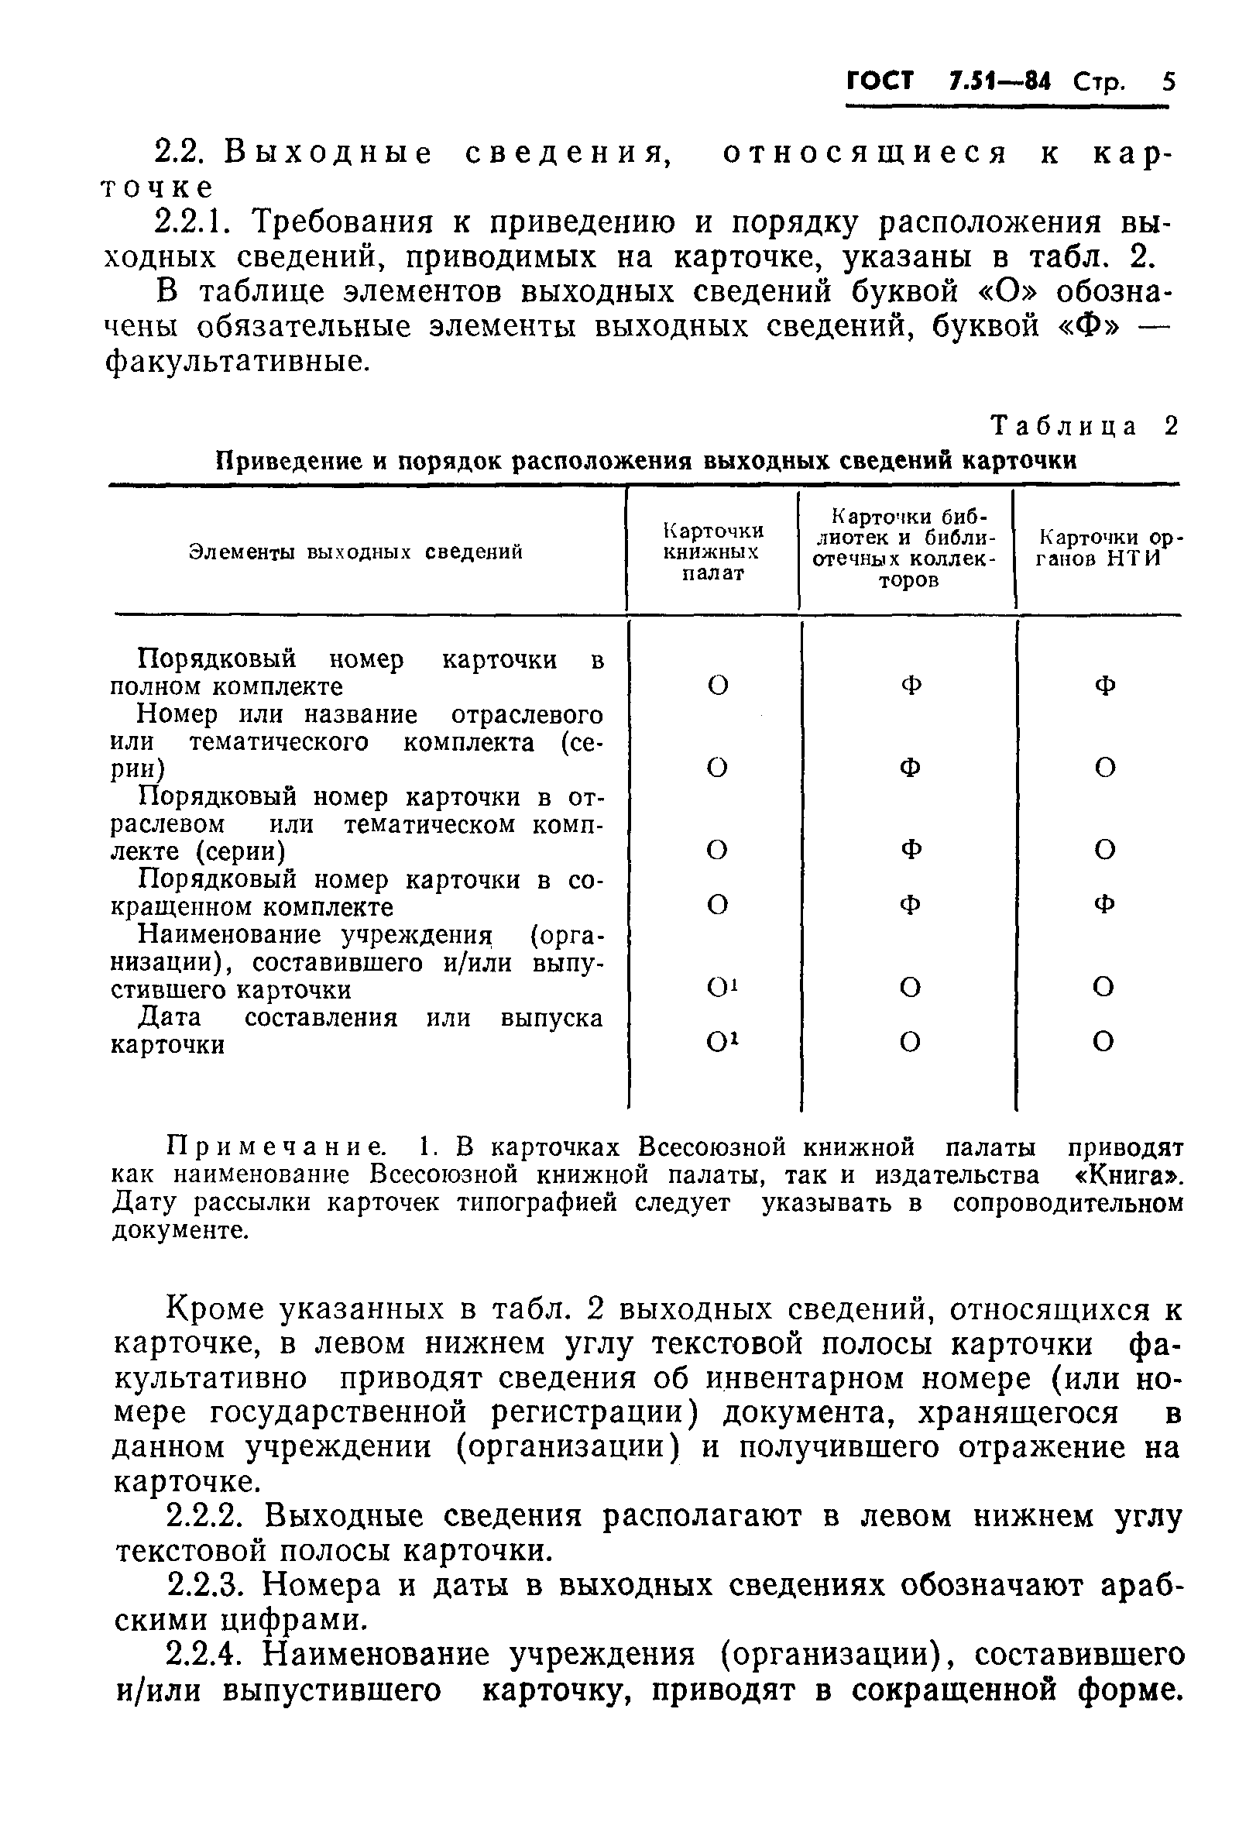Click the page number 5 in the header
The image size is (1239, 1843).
(1169, 81)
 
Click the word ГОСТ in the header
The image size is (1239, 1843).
(880, 81)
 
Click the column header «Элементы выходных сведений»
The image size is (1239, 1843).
(355, 552)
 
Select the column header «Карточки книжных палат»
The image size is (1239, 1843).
(712, 552)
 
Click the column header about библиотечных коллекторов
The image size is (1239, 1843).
(907, 548)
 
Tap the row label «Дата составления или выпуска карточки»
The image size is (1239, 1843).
(355, 1030)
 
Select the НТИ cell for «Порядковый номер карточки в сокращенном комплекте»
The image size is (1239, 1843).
(1104, 903)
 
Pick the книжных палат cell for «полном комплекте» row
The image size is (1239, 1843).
(718, 685)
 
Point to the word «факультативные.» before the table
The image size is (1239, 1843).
(237, 362)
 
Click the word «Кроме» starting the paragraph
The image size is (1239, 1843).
(216, 1309)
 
